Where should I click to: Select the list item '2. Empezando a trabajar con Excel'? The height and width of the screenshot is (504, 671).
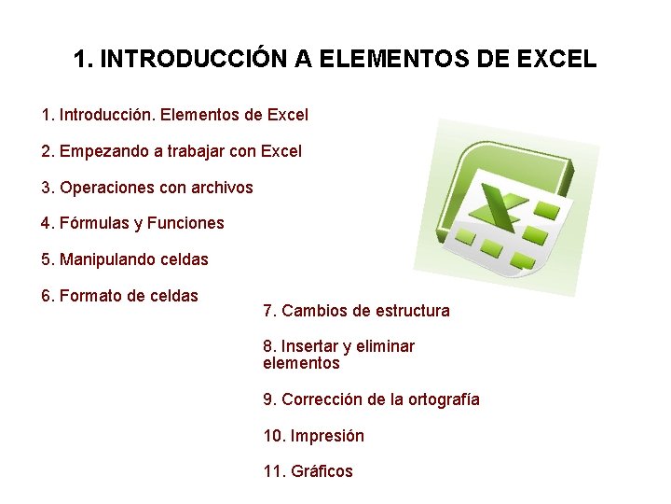pyautogui.click(x=171, y=151)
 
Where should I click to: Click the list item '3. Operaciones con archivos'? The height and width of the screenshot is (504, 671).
pyautogui.click(x=147, y=188)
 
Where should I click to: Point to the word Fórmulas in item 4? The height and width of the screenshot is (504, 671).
pyautogui.click(x=94, y=224)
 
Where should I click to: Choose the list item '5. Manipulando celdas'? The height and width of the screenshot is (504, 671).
pyautogui.click(x=125, y=259)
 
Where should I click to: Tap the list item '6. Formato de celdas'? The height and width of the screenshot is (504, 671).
pyautogui.click(x=119, y=297)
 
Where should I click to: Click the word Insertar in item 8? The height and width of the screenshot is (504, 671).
pyautogui.click(x=310, y=346)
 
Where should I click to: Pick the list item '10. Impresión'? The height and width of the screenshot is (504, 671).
pyautogui.click(x=313, y=436)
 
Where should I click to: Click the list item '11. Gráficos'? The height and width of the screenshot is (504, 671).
pyautogui.click(x=308, y=471)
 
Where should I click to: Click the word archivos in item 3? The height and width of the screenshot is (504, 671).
pyautogui.click(x=222, y=188)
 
